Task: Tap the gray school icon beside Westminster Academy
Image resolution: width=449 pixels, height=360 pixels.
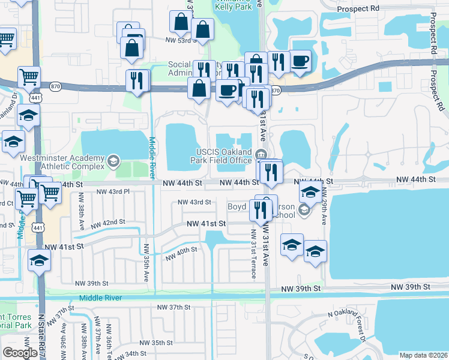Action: (113, 160)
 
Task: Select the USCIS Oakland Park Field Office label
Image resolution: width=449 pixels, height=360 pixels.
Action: (224, 155)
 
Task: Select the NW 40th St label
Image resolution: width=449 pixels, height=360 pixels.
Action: (181, 253)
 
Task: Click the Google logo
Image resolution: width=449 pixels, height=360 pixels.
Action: (20, 353)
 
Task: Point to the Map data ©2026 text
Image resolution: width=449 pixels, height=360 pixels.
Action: (423, 355)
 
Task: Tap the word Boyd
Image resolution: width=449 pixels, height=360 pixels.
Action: (237, 206)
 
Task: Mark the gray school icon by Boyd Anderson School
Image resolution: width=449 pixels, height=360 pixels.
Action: (304, 209)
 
